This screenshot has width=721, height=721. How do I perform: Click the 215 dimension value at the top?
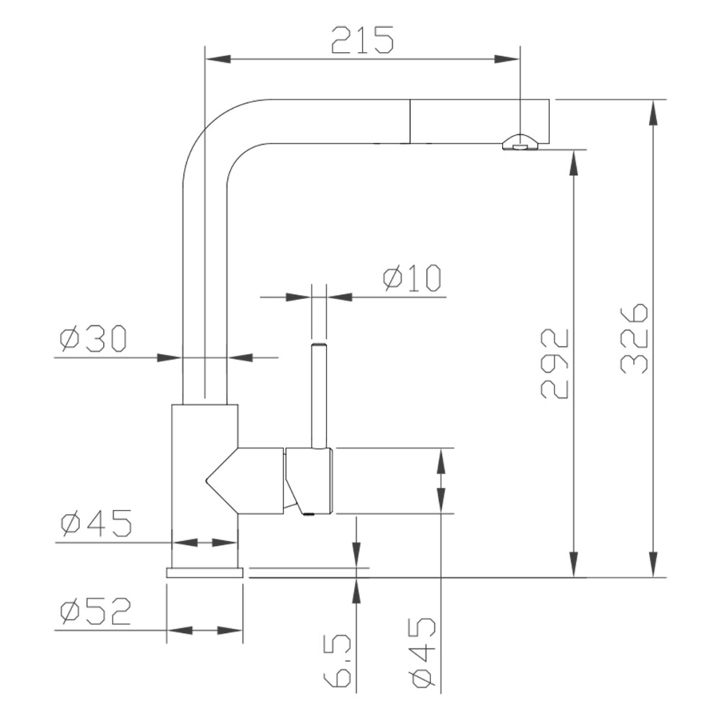pyautogui.click(x=363, y=40)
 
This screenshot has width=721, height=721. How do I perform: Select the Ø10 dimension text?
pyautogui.click(x=412, y=278)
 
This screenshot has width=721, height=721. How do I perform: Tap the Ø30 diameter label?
pyautogui.click(x=93, y=338)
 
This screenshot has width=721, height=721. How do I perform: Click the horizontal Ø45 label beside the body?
pyautogui.click(x=96, y=523)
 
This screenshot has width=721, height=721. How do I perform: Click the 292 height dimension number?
pyautogui.click(x=555, y=363)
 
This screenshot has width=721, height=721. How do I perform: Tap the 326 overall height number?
pyautogui.click(x=634, y=338)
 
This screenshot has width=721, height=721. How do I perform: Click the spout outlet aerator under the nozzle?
pyautogui.click(x=518, y=144)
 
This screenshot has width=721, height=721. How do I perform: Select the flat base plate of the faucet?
pyautogui.click(x=205, y=572)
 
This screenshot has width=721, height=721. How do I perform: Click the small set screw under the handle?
pyautogui.click(x=309, y=514)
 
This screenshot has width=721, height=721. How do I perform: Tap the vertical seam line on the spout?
pyautogui.click(x=410, y=121)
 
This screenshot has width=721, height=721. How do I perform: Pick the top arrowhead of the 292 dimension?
pyautogui.click(x=574, y=162)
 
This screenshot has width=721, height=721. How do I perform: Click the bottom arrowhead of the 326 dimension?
pyautogui.click(x=654, y=565)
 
